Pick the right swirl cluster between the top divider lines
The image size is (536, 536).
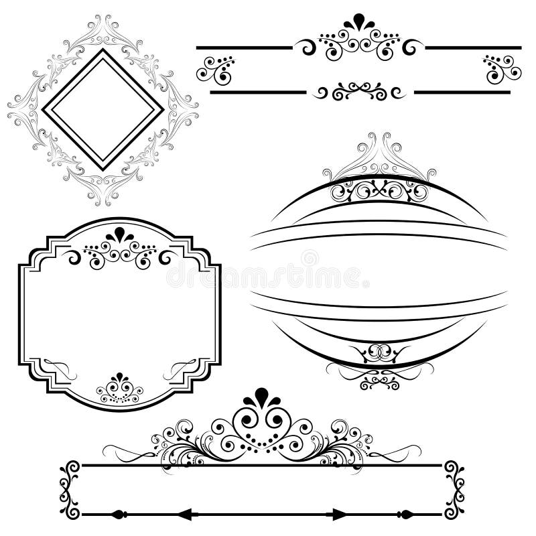500,67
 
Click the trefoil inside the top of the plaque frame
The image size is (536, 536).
121,234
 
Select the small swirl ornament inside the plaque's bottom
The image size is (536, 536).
120,389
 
